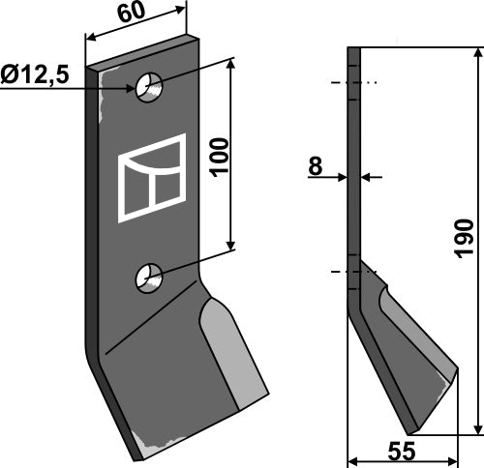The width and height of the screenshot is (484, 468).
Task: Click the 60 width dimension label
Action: pyautogui.click(x=133, y=15)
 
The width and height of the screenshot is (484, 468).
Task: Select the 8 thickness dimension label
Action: pyautogui.click(x=315, y=166)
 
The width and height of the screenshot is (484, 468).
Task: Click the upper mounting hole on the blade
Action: pyautogui.click(x=150, y=87)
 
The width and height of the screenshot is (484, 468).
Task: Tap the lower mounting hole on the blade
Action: pyautogui.click(x=149, y=278)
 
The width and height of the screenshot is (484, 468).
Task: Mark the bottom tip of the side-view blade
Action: pyautogui.click(x=414, y=430)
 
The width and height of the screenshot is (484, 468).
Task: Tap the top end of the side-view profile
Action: pyautogui.click(x=353, y=49)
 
